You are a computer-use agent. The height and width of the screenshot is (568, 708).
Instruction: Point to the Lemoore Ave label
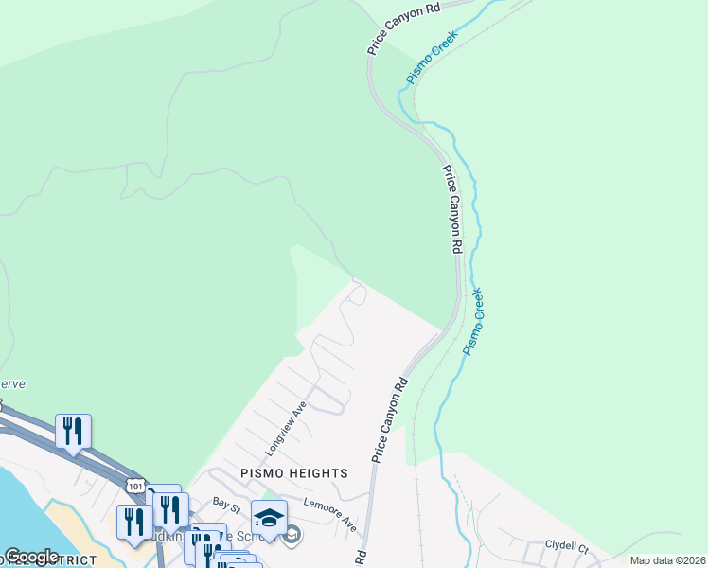(329, 512)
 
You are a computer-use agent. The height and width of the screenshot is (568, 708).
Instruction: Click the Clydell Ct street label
(567, 546)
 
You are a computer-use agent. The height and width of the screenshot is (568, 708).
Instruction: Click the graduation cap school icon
(269, 519)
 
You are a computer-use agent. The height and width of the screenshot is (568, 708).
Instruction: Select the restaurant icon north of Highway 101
(73, 432)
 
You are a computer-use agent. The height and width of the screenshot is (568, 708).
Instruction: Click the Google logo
(30, 557)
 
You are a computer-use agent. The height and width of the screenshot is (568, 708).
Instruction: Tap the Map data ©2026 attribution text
(667, 560)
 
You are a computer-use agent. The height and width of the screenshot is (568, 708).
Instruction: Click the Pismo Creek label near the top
(431, 58)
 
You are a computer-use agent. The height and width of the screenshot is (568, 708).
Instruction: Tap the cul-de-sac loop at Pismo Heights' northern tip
(357, 295)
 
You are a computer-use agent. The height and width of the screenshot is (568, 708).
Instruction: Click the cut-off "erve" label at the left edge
(13, 384)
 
